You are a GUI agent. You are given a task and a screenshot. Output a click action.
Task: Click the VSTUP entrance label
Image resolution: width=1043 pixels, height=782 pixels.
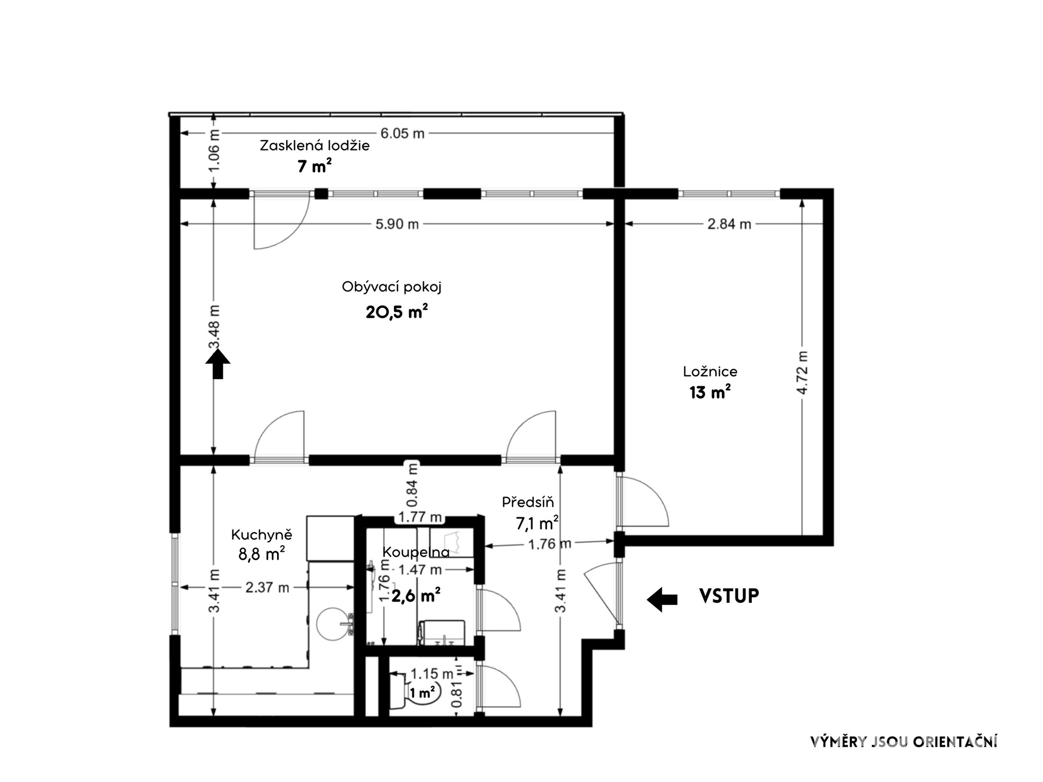728,596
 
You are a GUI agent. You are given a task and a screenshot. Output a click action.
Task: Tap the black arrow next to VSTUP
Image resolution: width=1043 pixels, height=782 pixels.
662,599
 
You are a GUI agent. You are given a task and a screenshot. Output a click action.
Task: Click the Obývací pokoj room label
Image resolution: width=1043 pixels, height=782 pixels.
391,287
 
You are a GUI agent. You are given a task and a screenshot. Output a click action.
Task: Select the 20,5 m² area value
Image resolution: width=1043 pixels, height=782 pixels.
397,312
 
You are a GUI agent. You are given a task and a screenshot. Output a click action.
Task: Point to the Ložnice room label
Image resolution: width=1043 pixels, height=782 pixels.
710,372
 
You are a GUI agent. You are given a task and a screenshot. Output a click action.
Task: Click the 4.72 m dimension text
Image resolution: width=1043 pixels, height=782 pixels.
802,373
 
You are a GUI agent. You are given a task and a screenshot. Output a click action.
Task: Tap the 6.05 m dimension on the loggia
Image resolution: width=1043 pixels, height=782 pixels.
402,133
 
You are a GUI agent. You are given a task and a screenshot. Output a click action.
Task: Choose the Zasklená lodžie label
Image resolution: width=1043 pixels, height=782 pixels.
315,146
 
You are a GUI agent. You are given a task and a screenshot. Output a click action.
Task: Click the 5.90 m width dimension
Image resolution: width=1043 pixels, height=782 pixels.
397,224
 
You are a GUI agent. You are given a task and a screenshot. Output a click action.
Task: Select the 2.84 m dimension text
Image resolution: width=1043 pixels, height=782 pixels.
729,224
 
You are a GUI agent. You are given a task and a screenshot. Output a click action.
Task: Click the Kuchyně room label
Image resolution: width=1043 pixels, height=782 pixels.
261,535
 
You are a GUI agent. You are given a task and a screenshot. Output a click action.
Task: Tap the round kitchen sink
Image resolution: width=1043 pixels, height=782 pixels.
331,623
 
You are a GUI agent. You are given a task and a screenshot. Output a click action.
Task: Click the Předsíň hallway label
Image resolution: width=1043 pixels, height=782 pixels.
527,502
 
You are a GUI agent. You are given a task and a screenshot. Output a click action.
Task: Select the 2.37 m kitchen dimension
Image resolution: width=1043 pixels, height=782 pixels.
267,587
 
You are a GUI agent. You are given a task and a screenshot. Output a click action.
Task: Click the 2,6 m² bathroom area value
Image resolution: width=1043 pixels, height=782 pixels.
416,596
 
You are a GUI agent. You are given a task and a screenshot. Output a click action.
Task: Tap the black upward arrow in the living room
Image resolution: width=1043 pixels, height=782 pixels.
218,364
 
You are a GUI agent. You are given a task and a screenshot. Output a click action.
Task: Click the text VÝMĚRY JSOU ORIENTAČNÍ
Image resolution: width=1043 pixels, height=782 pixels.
903,742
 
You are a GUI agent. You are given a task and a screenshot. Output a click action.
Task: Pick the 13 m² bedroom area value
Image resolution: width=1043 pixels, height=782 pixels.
710,392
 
